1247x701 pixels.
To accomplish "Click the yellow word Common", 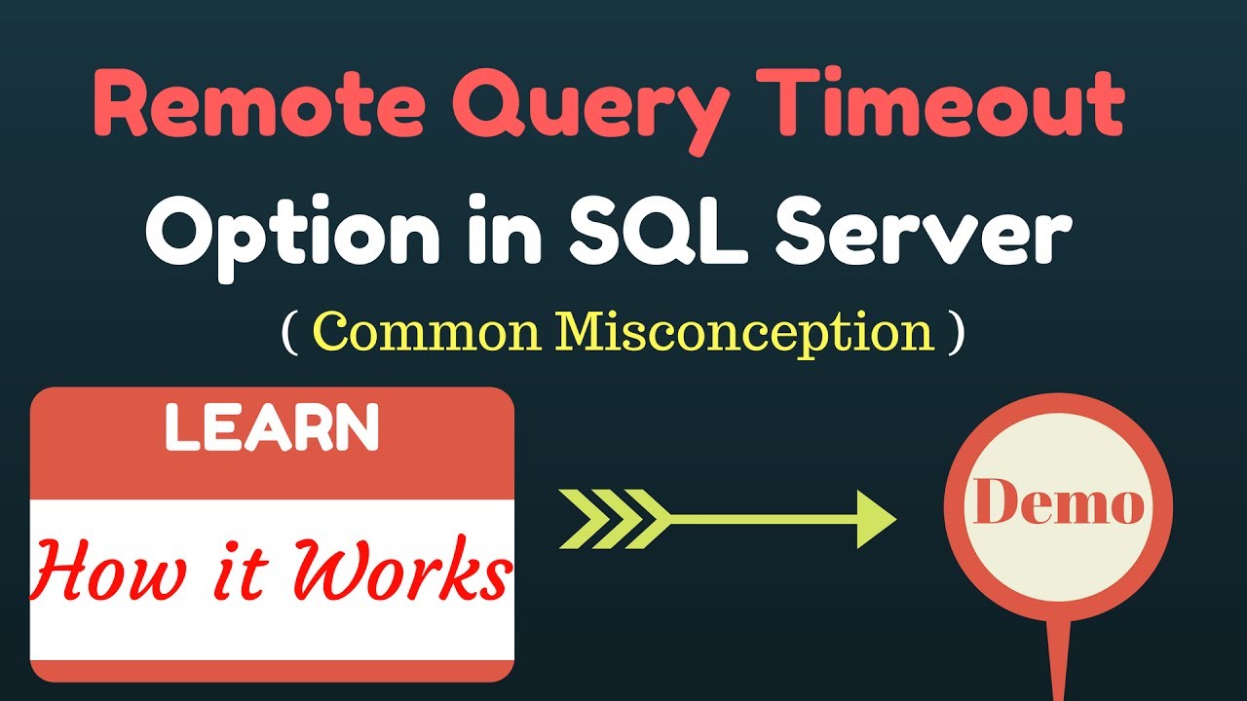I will tap(429, 333).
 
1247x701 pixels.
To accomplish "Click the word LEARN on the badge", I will tap(272, 428).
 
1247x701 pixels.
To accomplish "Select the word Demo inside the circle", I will tap(1058, 504).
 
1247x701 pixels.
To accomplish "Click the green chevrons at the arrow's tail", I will tap(609, 519).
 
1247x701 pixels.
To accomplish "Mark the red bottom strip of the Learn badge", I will tap(272, 670).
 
